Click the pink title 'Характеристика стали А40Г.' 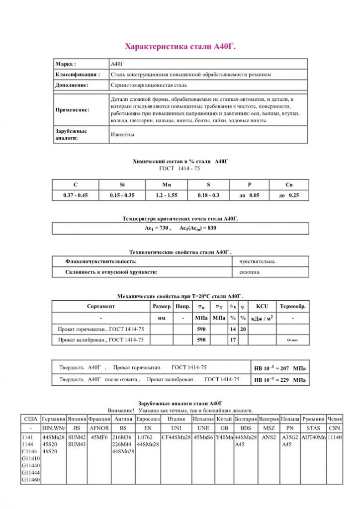[x=180, y=47]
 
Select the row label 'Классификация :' [x=78, y=75]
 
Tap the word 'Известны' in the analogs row [x=122, y=134]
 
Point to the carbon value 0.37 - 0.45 [x=76, y=195]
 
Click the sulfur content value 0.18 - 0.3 [x=208, y=195]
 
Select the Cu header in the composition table [x=289, y=184]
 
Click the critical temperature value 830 [x=209, y=228]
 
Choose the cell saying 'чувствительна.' [x=258, y=261]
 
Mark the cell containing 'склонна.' [x=250, y=272]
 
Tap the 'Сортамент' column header [x=100, y=306]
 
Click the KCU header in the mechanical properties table [x=262, y=306]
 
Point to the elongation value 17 [x=232, y=340]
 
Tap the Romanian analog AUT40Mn [x=313, y=437]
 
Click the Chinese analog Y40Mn [x=224, y=437]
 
